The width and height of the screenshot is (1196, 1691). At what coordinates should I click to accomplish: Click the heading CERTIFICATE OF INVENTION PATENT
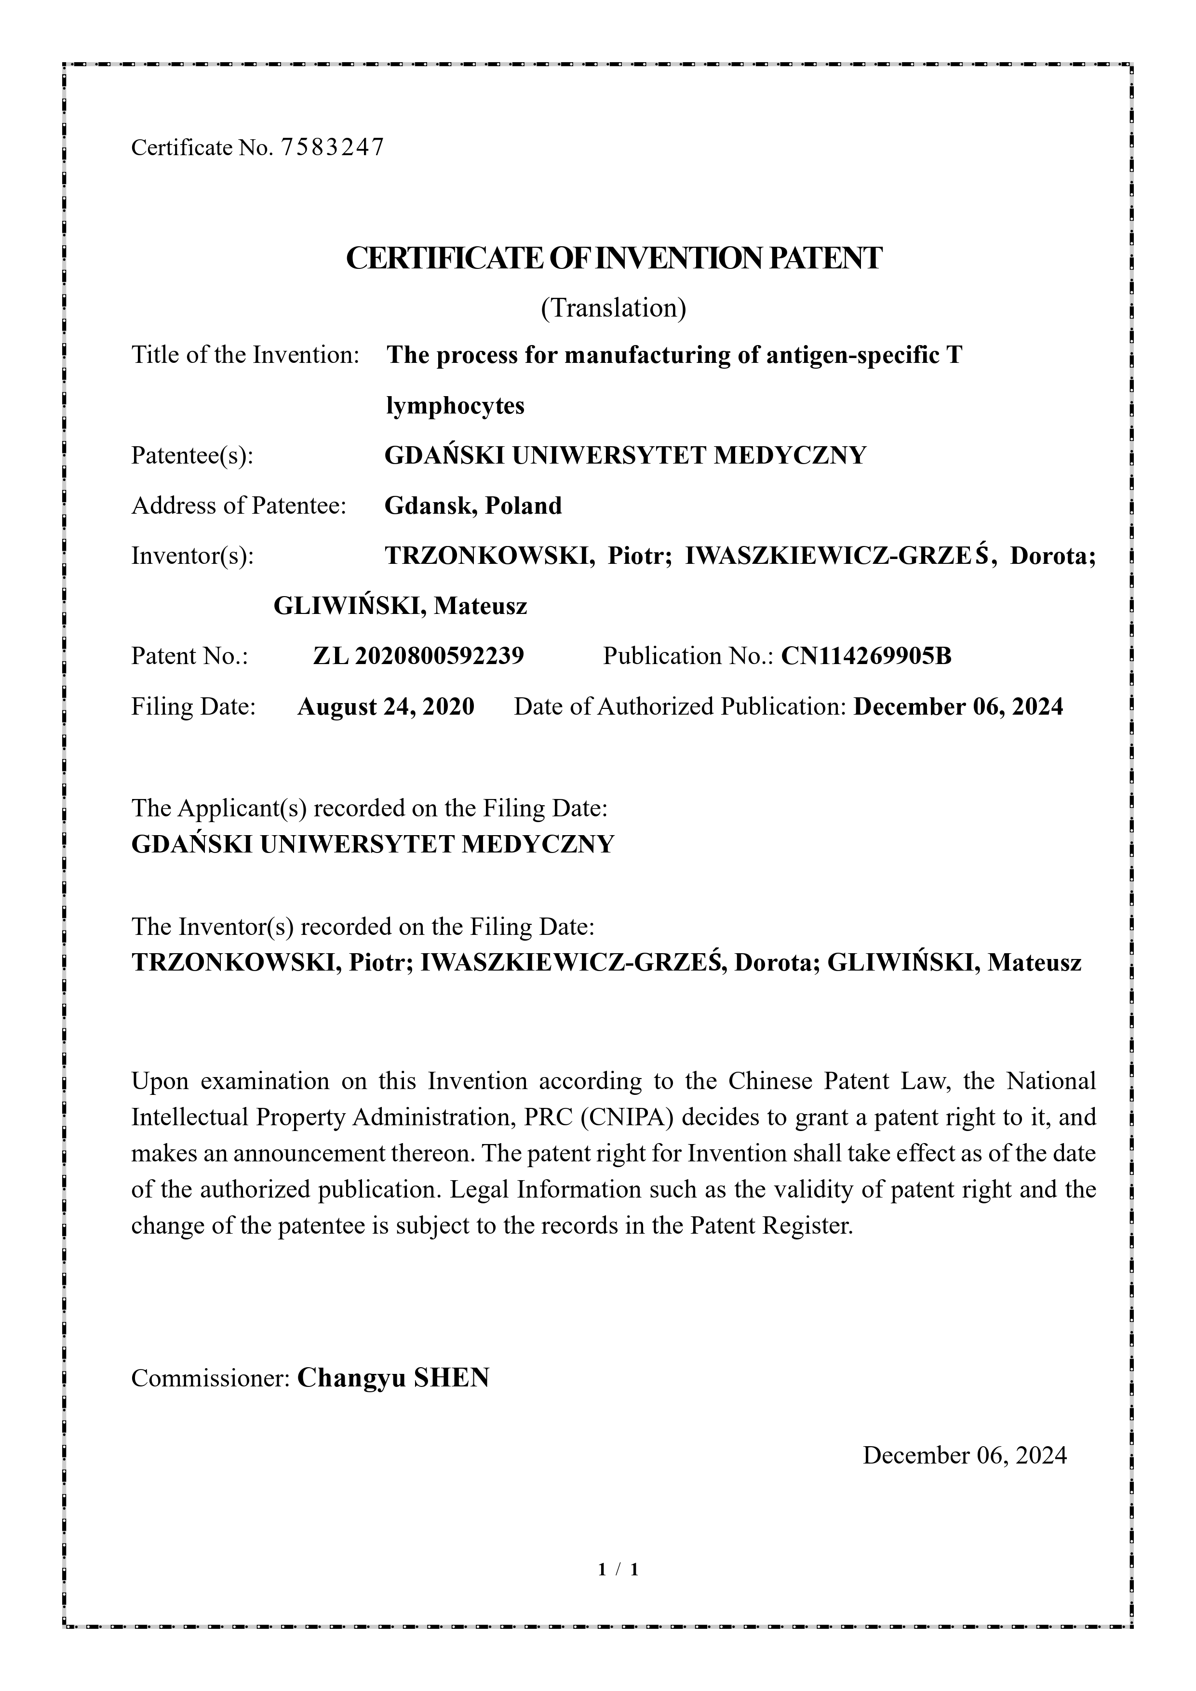click(x=613, y=258)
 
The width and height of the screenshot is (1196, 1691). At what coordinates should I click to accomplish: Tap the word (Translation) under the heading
click(x=613, y=308)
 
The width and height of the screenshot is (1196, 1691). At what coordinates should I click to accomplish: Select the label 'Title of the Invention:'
click(x=245, y=355)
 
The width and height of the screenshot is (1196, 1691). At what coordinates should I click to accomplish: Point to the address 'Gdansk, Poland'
click(x=473, y=506)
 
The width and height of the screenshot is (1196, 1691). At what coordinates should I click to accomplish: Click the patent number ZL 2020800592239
click(x=418, y=655)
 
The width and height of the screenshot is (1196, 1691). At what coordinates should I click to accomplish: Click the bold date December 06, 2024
click(x=958, y=707)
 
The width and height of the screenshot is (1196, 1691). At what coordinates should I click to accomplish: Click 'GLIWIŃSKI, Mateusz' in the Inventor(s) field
click(x=400, y=606)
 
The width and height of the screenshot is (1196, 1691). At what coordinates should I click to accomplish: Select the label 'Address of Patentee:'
click(x=239, y=506)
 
